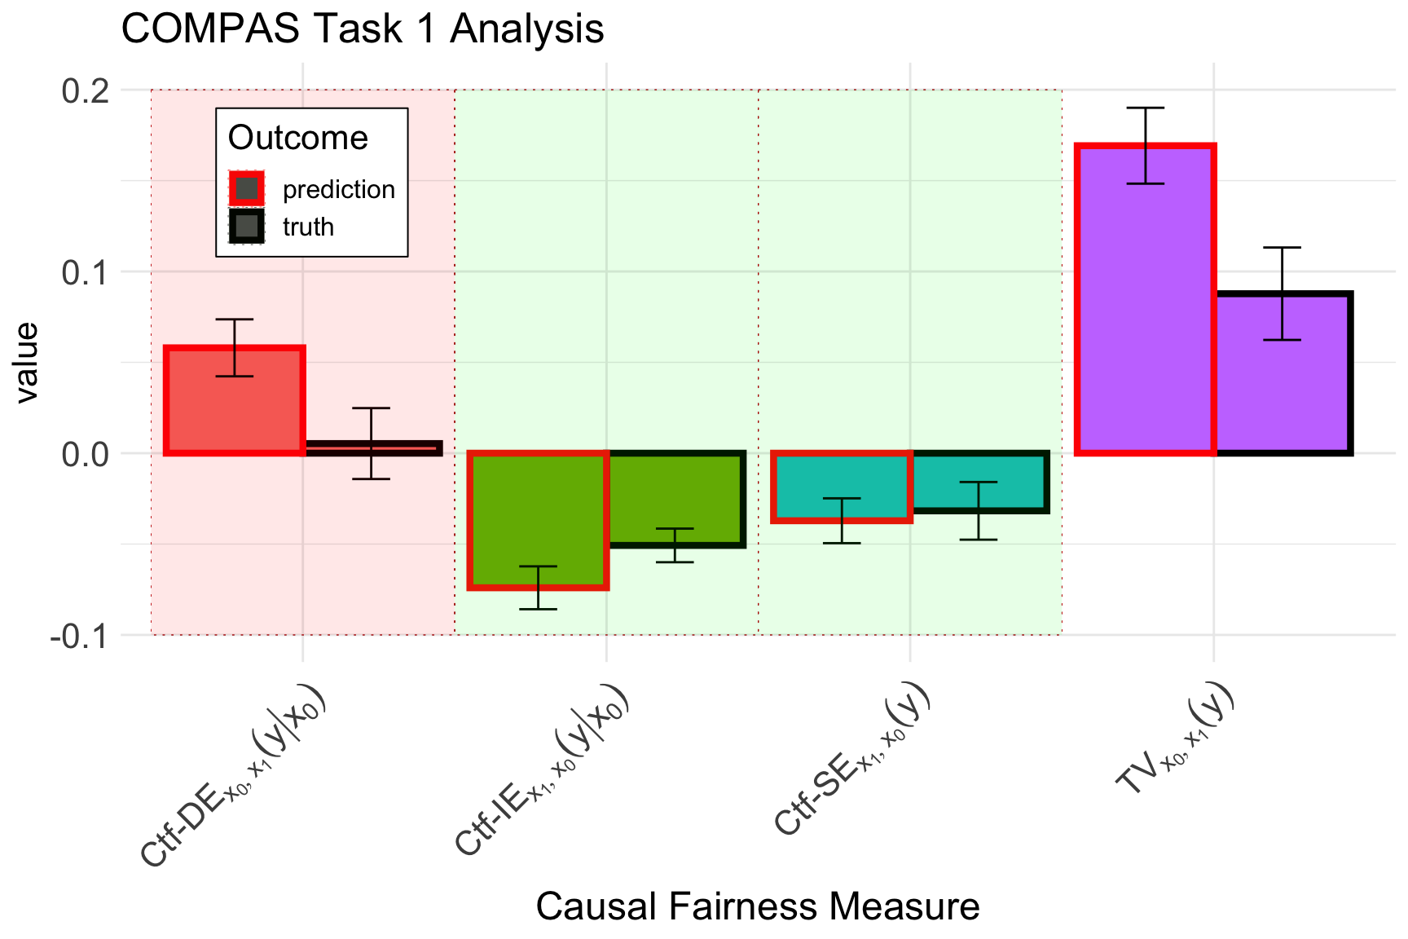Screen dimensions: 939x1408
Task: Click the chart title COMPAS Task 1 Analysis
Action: coord(362,29)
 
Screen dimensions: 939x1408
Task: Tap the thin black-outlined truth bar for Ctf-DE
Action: coord(372,448)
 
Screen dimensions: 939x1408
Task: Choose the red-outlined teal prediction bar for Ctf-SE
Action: coord(842,486)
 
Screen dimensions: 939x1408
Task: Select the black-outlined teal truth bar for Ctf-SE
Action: coord(979,482)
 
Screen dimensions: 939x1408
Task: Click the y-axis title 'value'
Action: coord(28,362)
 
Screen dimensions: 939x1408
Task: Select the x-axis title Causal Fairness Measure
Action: coord(758,906)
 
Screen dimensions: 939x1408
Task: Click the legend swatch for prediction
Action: coord(247,189)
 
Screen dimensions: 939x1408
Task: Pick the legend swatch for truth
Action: coord(247,227)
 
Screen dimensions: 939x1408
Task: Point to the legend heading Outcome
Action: coord(297,138)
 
